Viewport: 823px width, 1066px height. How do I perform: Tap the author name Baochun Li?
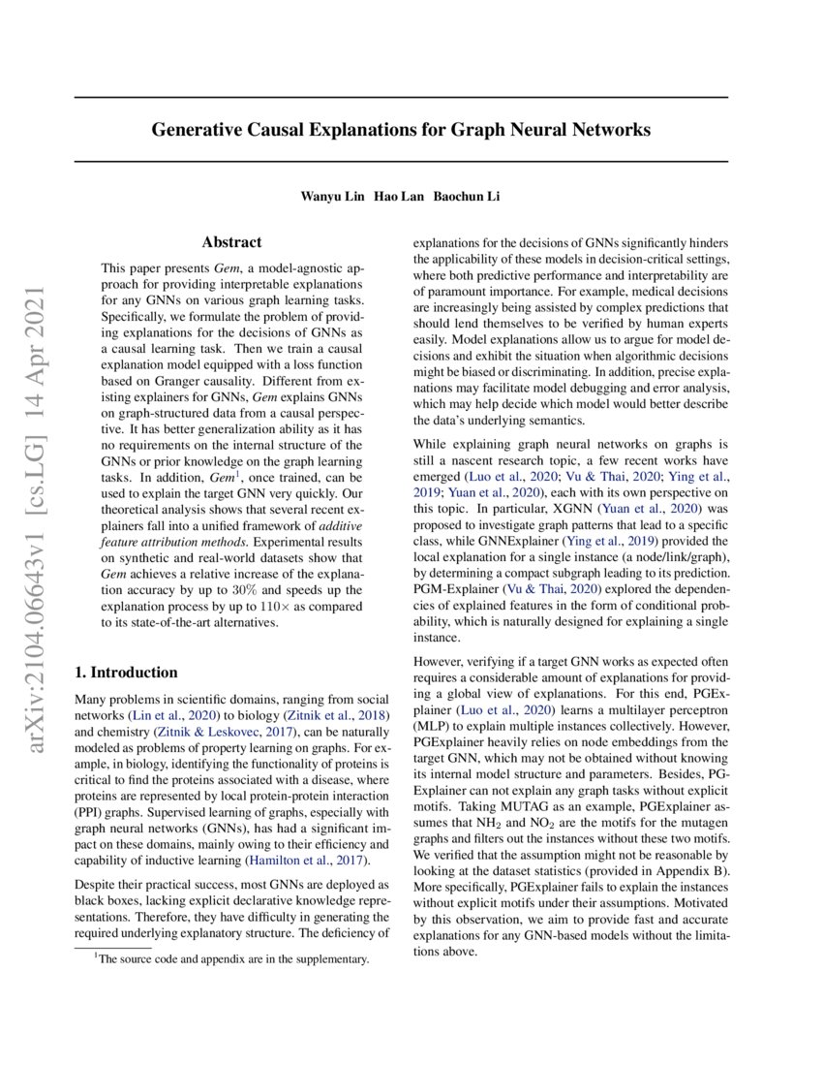click(466, 197)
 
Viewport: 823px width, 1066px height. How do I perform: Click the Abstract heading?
click(231, 242)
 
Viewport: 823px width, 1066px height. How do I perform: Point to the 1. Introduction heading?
click(126, 673)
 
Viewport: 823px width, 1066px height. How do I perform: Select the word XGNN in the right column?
click(569, 508)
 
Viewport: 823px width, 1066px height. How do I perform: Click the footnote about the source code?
click(230, 959)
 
